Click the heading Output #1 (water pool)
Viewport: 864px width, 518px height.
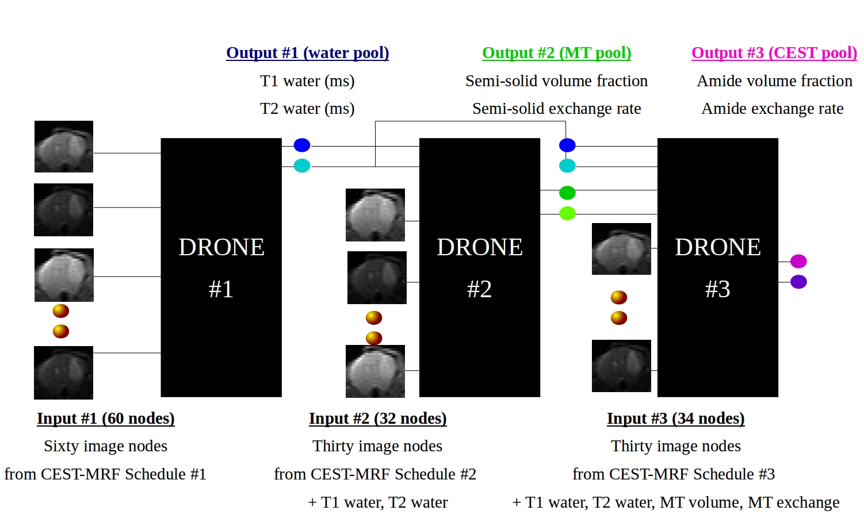click(x=307, y=53)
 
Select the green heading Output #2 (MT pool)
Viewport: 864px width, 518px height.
click(x=556, y=53)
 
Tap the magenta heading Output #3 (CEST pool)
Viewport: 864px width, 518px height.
click(x=774, y=53)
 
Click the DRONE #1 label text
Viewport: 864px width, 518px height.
click(x=221, y=267)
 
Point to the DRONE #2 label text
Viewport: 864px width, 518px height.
click(x=479, y=267)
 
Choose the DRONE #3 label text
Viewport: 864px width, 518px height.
click(x=717, y=267)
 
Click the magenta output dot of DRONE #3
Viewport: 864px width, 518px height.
click(x=798, y=262)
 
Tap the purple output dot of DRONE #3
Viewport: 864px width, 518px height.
click(x=798, y=282)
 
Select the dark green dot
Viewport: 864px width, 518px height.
click(x=567, y=193)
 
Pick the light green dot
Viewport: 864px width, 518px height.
click(x=567, y=213)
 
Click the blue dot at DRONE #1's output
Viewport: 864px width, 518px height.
click(x=302, y=145)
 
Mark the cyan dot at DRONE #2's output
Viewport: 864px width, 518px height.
click(x=567, y=166)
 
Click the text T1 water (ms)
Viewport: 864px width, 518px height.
click(x=307, y=81)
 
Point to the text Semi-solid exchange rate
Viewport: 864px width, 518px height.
click(x=556, y=109)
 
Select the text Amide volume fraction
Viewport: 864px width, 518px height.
click(x=774, y=81)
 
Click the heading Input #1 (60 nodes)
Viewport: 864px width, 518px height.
click(x=106, y=419)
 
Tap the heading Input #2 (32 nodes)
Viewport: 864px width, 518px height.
click(x=377, y=419)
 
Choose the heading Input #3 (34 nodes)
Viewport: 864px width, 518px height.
click(x=675, y=419)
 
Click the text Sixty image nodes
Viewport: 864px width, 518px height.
click(x=106, y=446)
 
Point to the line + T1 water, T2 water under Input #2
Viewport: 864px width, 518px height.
click(x=377, y=502)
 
